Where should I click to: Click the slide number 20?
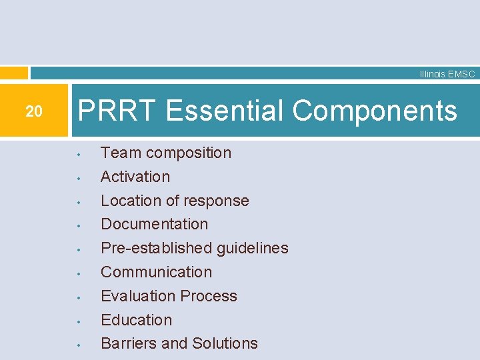pyautogui.click(x=33, y=111)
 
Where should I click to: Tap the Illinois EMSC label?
pyautogui.click(x=447, y=74)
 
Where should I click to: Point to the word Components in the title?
pyautogui.click(x=375, y=110)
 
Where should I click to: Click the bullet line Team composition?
pyautogui.click(x=166, y=153)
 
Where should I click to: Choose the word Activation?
pyautogui.click(x=135, y=177)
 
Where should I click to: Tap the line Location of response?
pyautogui.click(x=175, y=201)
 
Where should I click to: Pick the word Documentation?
pyautogui.click(x=154, y=224)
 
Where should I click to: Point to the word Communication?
pyautogui.click(x=156, y=272)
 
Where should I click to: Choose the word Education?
pyautogui.click(x=136, y=320)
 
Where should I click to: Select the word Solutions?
pyautogui.click(x=225, y=343)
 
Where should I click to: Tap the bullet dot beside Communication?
pyautogui.click(x=79, y=274)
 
